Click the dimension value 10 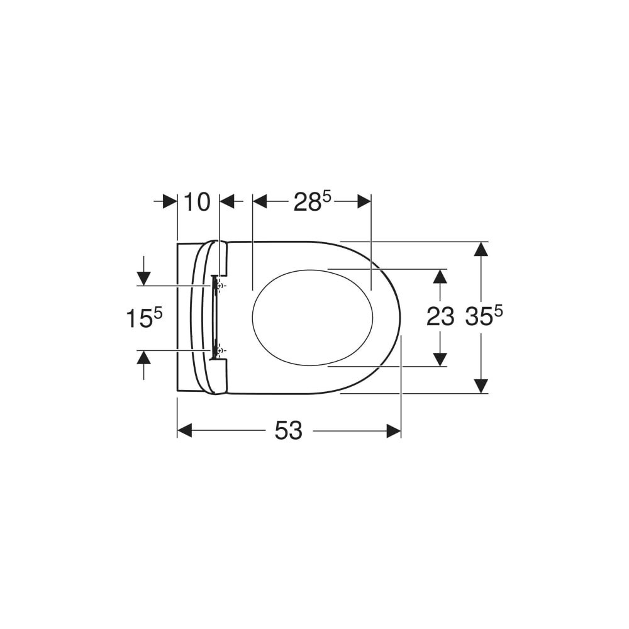(x=197, y=202)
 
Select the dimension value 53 (x=289, y=431)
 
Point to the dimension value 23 (x=440, y=316)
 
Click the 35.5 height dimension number (x=484, y=316)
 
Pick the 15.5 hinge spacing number (x=144, y=318)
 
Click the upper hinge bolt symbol (x=219, y=286)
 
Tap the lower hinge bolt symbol (x=219, y=351)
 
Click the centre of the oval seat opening (x=313, y=318)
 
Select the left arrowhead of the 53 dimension (x=184, y=431)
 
